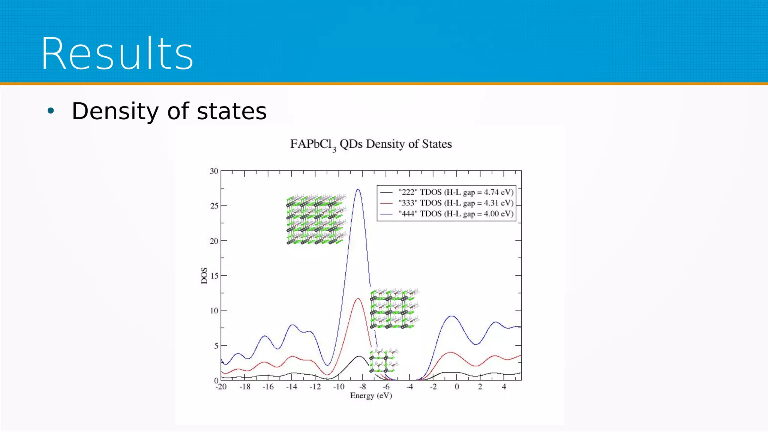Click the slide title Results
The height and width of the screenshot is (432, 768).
pos(117,53)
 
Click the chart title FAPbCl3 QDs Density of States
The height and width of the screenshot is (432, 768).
pos(371,144)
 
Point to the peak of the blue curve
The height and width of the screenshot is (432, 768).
pos(358,189)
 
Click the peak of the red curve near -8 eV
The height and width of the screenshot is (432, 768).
pos(358,299)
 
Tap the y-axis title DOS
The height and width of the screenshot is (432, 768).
pos(204,276)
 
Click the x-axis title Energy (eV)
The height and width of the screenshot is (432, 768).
pos(371,396)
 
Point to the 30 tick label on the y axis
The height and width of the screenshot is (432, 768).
pos(214,171)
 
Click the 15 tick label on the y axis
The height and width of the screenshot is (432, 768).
pos(214,276)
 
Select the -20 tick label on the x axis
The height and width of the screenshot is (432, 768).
pos(221,387)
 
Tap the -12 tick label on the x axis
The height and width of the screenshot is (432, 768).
pos(315,387)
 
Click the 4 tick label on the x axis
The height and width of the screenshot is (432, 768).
pos(504,387)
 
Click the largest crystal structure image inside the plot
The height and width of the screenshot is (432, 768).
pos(316,219)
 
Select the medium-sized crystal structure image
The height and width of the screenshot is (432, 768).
pos(394,309)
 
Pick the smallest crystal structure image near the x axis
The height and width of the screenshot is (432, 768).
pos(384,360)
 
